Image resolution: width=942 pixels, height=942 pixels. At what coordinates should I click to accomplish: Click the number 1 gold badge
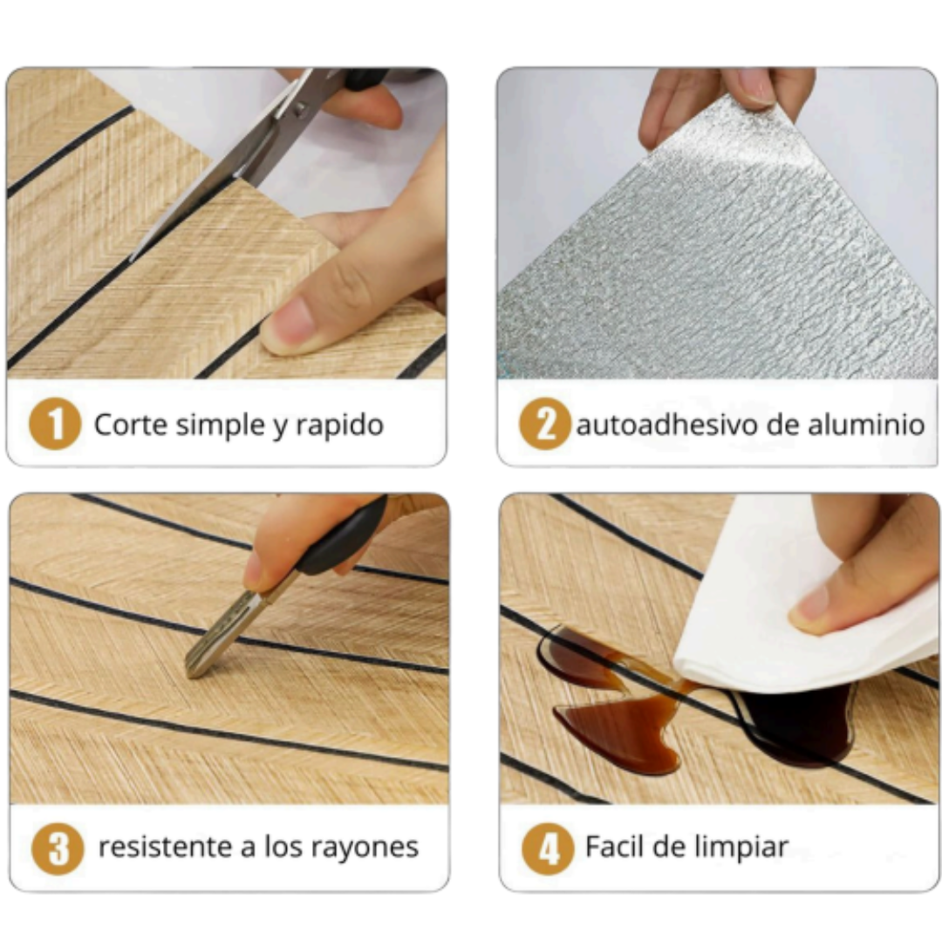pyautogui.click(x=55, y=424)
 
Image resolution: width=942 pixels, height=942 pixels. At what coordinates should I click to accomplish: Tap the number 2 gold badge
pyautogui.click(x=544, y=424)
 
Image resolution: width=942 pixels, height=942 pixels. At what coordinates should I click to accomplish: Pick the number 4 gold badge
pyautogui.click(x=547, y=849)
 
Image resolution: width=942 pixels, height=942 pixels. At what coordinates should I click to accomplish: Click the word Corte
pyautogui.click(x=130, y=424)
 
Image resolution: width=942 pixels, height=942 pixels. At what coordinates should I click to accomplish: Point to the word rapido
pyautogui.click(x=340, y=426)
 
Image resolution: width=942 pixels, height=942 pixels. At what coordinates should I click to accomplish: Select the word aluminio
pyautogui.click(x=866, y=424)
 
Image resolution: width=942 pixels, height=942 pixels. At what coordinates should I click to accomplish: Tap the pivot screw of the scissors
pyautogui.click(x=299, y=109)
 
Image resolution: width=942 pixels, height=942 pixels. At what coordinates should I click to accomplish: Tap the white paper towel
pyautogui.click(x=799, y=607)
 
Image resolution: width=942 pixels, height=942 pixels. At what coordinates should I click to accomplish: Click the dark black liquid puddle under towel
pyautogui.click(x=796, y=724)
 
